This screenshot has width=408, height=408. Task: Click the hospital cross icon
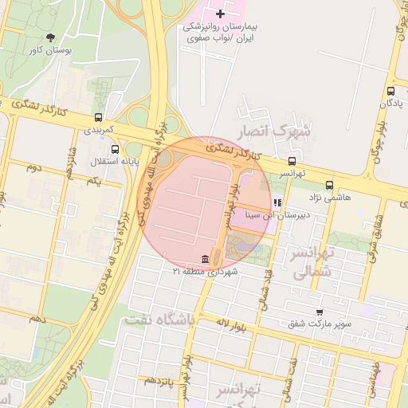[x=221, y=14]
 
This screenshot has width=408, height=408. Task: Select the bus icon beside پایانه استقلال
[x=116, y=149]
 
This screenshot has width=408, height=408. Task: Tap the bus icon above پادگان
[x=390, y=92]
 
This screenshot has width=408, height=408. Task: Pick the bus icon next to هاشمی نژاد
[x=329, y=183]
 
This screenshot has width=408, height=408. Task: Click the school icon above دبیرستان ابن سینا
[x=277, y=203]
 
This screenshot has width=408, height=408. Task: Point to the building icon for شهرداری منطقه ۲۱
[x=206, y=260]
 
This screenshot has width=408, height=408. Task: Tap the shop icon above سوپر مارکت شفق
[x=320, y=312]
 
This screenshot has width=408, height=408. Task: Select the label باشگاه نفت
[x=158, y=320]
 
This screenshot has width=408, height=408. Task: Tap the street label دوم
[x=33, y=167]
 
